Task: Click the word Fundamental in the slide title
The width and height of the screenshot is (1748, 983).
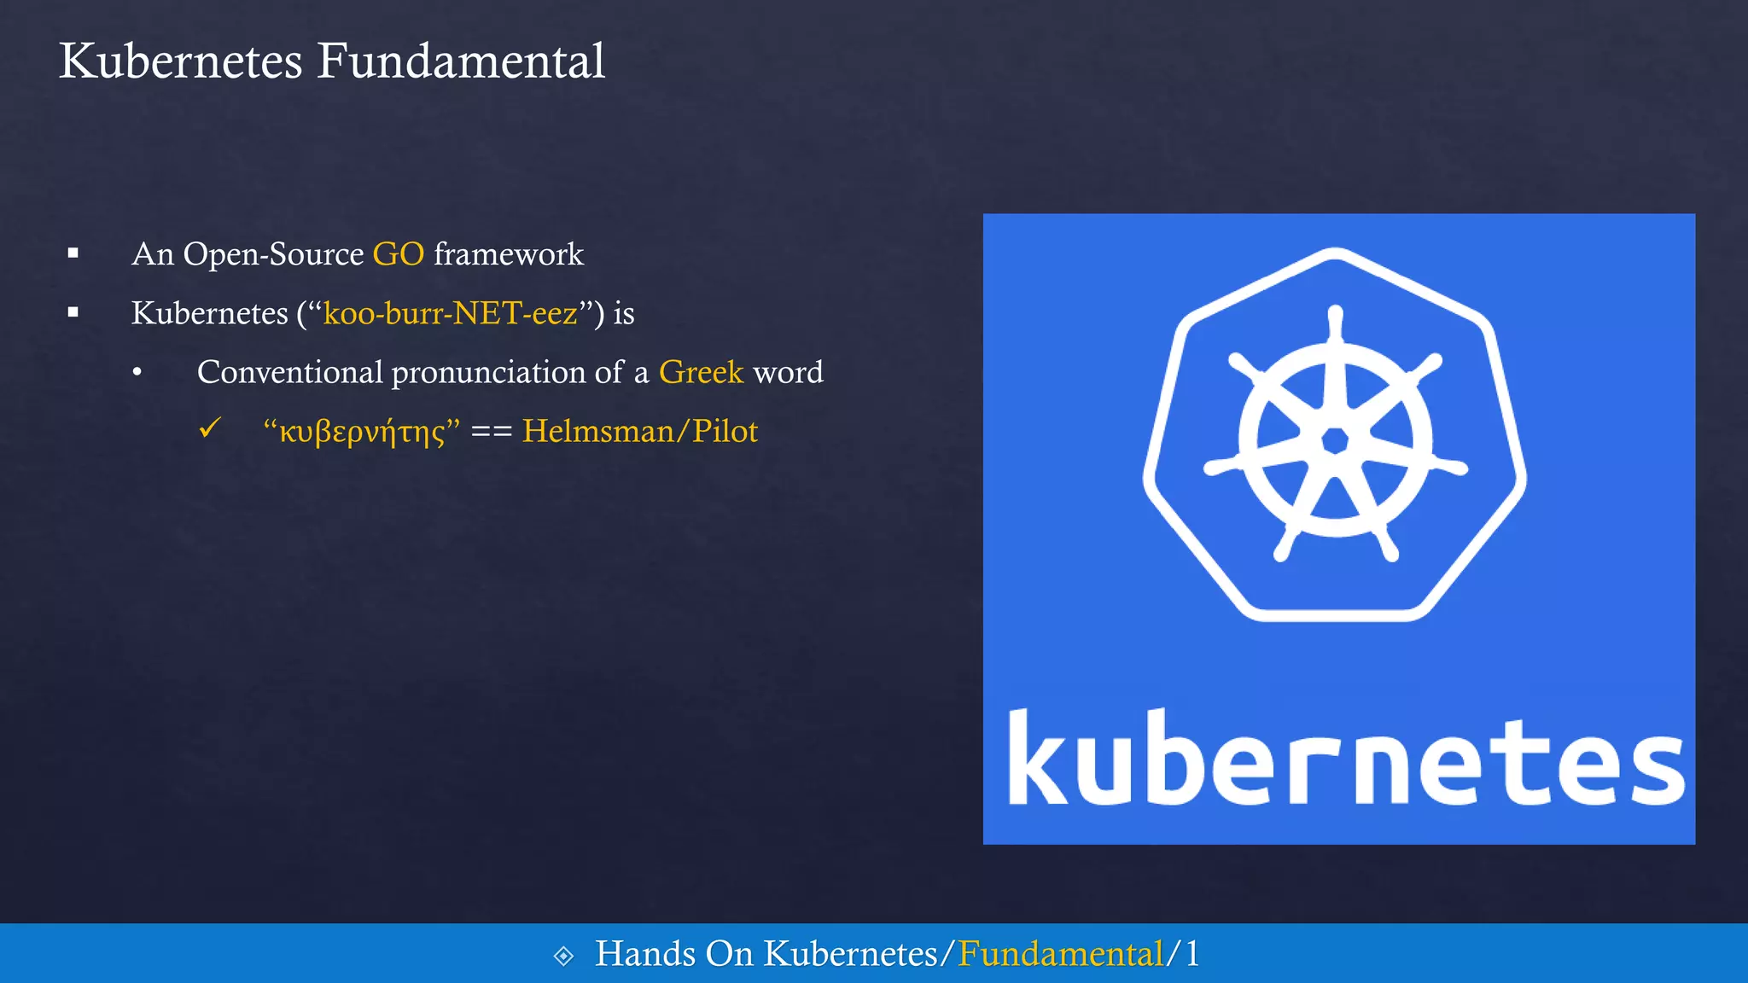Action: pos(461,61)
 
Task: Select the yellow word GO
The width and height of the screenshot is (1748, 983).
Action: pos(398,254)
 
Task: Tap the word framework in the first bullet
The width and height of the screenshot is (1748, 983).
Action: pos(509,254)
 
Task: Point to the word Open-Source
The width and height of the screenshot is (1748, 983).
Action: pos(273,255)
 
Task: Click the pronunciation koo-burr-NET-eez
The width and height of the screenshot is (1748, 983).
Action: pos(451,313)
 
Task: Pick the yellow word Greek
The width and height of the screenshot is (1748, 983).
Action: pos(701,372)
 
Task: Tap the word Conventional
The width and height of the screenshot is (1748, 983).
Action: pos(290,372)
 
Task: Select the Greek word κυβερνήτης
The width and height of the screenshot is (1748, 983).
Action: pos(362,432)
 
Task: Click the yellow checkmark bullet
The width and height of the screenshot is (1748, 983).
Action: pos(210,428)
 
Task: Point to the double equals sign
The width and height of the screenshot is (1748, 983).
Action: pos(491,432)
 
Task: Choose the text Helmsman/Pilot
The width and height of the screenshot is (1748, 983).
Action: pos(639,432)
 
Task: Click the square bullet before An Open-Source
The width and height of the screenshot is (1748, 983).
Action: pos(73,253)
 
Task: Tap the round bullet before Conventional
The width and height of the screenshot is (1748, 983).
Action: pos(137,372)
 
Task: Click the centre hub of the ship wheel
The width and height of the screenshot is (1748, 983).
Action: pos(1335,440)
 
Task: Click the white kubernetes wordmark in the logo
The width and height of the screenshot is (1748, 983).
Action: pos(1345,758)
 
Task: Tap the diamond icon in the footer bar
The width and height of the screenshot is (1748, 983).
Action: pos(563,956)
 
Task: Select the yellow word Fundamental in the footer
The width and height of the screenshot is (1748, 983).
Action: pos(1060,954)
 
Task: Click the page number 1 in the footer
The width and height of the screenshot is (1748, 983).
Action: pos(1192,954)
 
